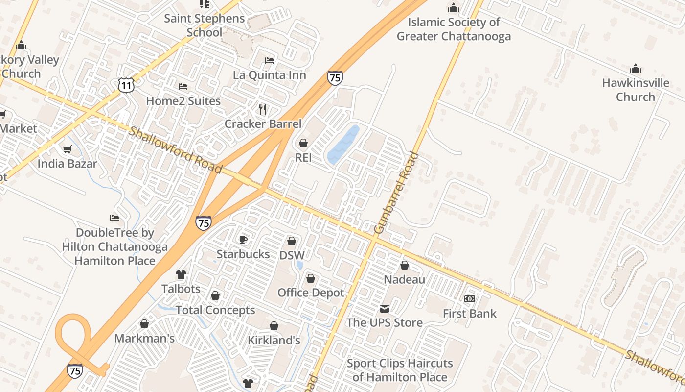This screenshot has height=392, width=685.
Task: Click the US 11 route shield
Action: [x=126, y=85]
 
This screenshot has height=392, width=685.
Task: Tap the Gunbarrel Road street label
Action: [x=396, y=193]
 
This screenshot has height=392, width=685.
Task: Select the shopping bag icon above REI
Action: [x=303, y=143]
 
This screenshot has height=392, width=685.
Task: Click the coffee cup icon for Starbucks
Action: [x=243, y=240]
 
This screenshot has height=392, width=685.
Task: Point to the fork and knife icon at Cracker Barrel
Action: [x=263, y=109]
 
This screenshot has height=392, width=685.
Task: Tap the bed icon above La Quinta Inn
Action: [x=269, y=61]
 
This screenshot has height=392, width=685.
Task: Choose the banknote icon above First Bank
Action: [x=470, y=299]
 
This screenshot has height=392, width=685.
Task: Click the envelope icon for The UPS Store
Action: [x=385, y=309]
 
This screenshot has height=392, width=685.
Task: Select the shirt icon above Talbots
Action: [x=181, y=274]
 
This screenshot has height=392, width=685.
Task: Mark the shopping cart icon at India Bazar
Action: [x=67, y=149]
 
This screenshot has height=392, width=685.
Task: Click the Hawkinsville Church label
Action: [x=635, y=90]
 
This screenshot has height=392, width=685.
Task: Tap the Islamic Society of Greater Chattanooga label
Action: [x=453, y=29]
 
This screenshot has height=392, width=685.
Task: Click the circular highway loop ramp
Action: [x=73, y=333]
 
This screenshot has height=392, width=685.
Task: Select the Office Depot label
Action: [x=311, y=293]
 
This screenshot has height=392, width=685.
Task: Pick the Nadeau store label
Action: [x=404, y=279]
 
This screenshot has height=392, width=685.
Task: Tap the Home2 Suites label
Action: [x=183, y=101]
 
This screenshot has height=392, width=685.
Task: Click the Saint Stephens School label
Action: [x=204, y=25]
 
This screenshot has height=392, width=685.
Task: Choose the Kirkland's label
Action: [x=274, y=340]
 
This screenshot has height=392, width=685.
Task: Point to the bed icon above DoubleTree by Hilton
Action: [x=114, y=218]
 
